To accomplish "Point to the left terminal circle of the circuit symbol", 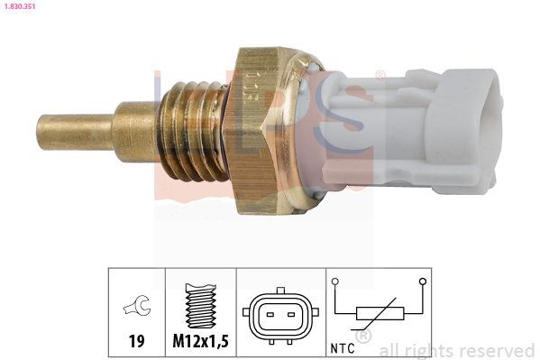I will point(335,282).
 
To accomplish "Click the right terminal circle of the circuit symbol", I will point(420,282).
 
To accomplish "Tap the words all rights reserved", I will point(457,350).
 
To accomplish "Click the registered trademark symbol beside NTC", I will point(364,337).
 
